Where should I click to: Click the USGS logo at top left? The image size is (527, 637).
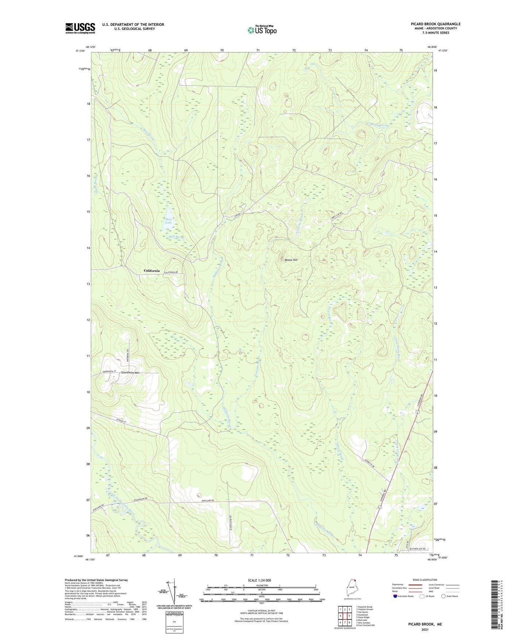click(80, 28)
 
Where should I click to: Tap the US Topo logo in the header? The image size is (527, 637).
click(262, 30)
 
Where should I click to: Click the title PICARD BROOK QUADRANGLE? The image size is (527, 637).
click(430, 24)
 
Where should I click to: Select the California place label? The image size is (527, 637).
click(152, 271)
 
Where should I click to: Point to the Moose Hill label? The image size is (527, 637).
click(291, 260)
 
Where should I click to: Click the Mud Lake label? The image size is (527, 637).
click(168, 221)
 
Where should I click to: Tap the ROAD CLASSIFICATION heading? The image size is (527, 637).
click(425, 580)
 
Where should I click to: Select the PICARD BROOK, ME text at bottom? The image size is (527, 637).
click(425, 624)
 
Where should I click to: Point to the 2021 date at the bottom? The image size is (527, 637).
click(425, 630)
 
